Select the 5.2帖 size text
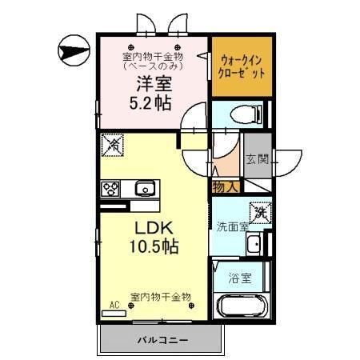pyautogui.click(x=151, y=103)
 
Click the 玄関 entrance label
pyautogui.click(x=256, y=159)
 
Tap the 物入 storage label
pyautogui.click(x=224, y=187)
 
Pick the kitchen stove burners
pyautogui.click(x=110, y=189)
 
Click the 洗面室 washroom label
pyautogui.click(x=231, y=226)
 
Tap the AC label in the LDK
pyautogui.click(x=114, y=305)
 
